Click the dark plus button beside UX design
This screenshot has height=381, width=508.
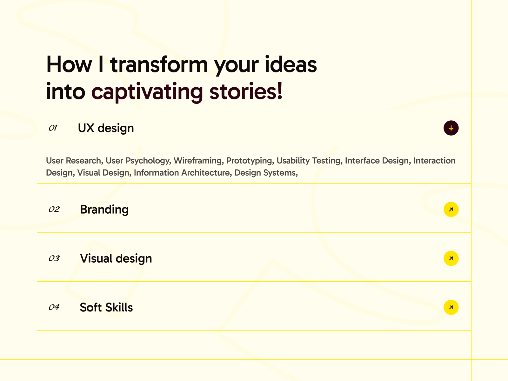click(x=451, y=128)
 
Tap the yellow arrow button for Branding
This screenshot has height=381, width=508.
click(x=451, y=209)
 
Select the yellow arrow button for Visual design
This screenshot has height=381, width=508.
click(x=451, y=258)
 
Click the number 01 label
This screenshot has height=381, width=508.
click(x=53, y=128)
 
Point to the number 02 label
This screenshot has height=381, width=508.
click(x=54, y=209)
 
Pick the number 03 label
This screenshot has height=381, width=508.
click(x=54, y=258)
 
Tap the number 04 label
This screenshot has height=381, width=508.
click(x=54, y=307)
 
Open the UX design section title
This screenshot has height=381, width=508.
click(x=106, y=128)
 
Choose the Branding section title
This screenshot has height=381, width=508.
click(x=104, y=210)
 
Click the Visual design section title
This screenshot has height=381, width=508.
click(x=116, y=259)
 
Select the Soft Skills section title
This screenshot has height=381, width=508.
click(x=106, y=307)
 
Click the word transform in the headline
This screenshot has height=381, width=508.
click(x=159, y=64)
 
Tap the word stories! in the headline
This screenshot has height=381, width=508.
click(x=246, y=91)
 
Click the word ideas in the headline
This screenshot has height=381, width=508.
click(x=291, y=64)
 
